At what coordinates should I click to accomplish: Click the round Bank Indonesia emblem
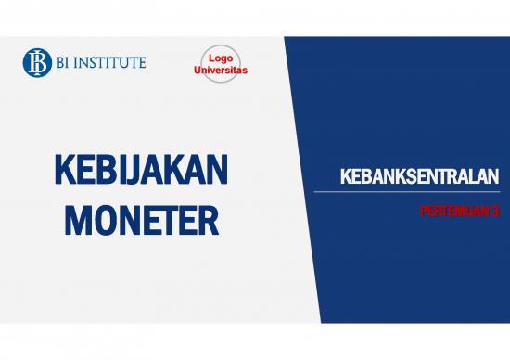36,62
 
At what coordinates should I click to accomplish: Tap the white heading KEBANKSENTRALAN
419,176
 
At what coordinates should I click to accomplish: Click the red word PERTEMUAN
450,211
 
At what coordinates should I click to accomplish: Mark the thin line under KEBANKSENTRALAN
407,192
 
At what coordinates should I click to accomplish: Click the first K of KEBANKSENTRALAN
345,176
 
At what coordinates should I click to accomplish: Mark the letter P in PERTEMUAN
423,211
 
